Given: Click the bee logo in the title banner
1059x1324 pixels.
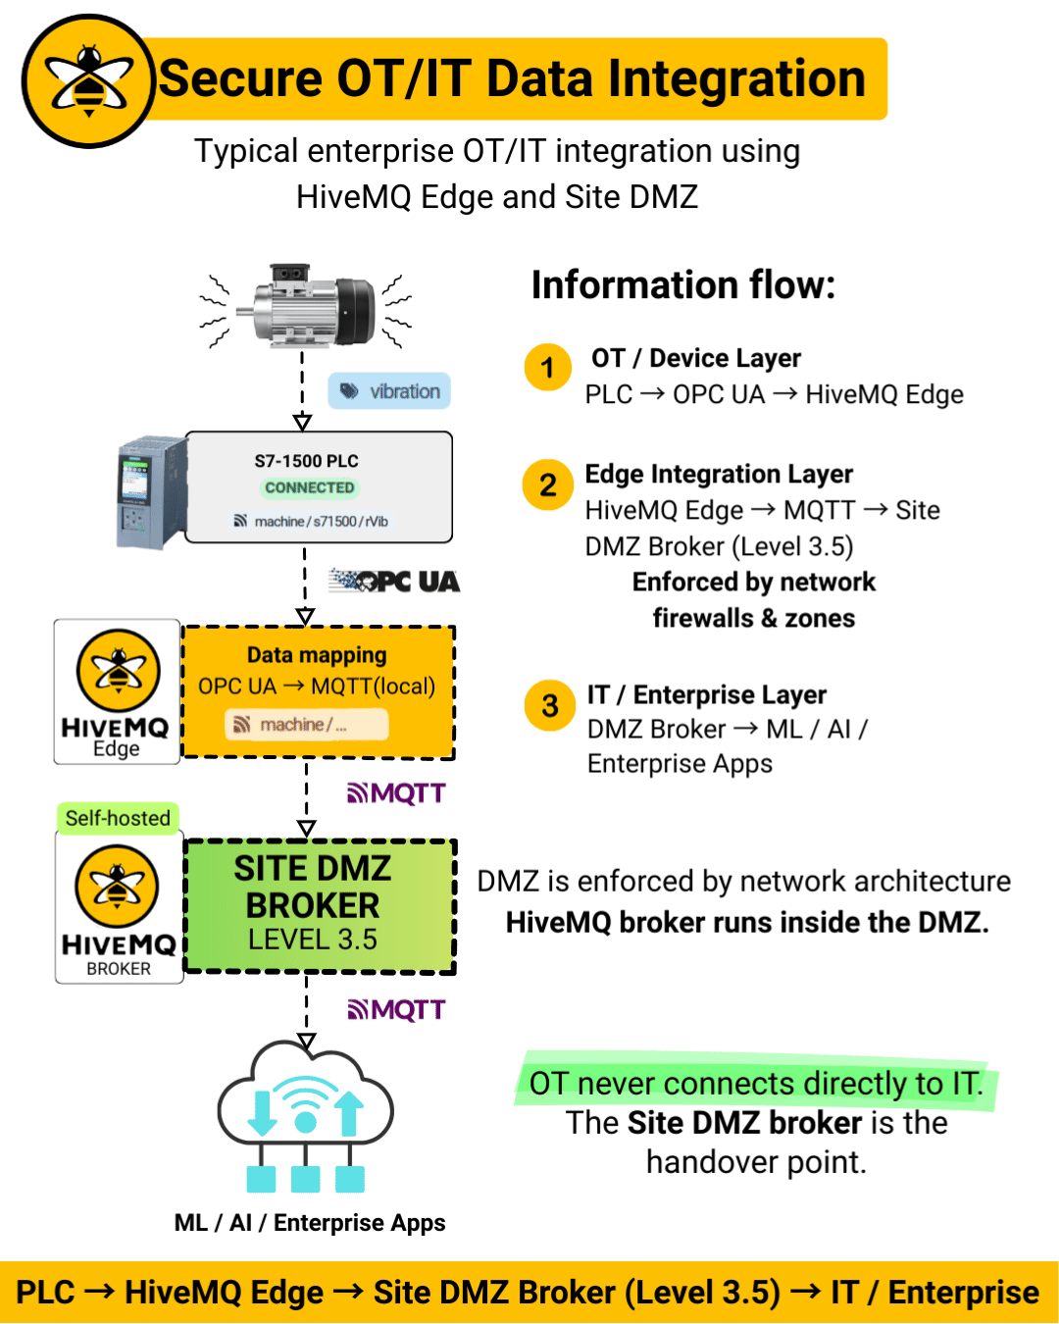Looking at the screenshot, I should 88,81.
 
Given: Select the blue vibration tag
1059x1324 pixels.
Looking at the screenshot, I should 390,391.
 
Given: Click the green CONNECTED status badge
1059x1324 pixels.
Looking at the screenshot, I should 309,487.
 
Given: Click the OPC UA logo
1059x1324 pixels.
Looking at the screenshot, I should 395,582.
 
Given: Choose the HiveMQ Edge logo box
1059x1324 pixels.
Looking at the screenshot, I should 117,691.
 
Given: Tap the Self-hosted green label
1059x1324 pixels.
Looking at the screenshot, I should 118,818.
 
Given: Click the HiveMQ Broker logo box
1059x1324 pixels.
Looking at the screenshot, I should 119,908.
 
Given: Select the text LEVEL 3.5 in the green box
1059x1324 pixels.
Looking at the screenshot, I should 313,940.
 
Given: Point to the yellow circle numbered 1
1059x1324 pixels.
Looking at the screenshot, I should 548,368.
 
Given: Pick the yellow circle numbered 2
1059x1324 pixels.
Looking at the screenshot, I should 548,484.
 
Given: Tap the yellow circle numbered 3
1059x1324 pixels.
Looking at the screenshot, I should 550,705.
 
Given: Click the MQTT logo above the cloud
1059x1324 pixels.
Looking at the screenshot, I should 397,1009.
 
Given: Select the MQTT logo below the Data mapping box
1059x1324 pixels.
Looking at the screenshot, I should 397,792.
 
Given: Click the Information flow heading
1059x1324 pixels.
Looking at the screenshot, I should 683,285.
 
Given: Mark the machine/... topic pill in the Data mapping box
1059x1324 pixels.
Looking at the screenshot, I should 306,725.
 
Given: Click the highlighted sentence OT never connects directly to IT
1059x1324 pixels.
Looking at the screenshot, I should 756,1084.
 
